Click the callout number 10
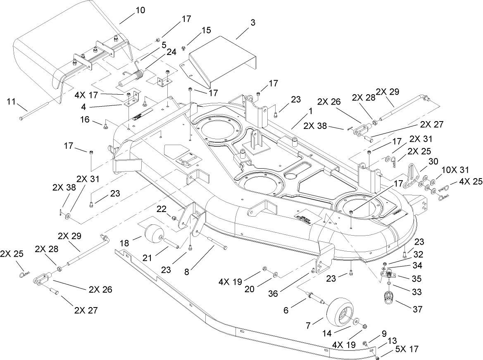(x=140, y=11)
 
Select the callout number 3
(x=252, y=23)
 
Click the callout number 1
(x=310, y=111)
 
